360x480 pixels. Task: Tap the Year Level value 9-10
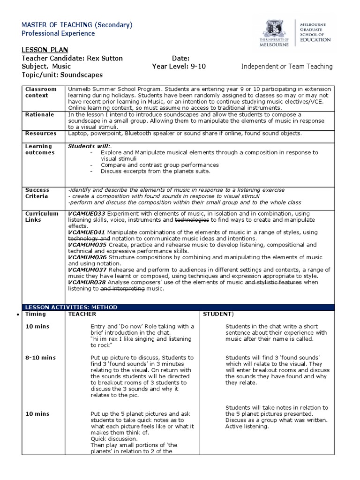click(197, 67)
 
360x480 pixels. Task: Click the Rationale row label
click(39, 114)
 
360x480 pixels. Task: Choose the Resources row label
click(41, 134)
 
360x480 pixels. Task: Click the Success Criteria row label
click(38, 193)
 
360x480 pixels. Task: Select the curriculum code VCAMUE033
click(87, 213)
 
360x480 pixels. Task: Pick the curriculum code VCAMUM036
click(88, 257)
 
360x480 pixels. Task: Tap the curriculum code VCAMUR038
click(87, 283)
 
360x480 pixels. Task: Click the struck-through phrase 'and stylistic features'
click(273, 283)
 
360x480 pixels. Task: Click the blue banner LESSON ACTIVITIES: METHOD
click(71, 307)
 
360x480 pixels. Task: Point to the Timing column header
click(36, 314)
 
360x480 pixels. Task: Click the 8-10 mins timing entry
click(40, 358)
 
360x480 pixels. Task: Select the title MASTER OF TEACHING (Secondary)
click(77, 25)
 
